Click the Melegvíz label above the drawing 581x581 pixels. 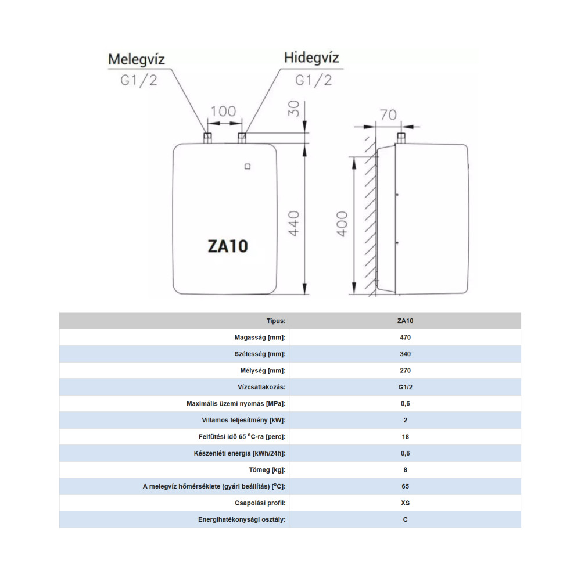[136, 59]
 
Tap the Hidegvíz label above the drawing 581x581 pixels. [311, 58]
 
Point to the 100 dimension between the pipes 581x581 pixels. [223, 111]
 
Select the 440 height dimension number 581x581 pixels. [294, 224]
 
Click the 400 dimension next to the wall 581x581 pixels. [342, 224]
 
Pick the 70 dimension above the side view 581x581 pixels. [388, 115]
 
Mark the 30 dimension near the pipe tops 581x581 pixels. [294, 109]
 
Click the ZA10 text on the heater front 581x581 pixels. [228, 246]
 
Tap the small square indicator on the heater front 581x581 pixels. [248, 166]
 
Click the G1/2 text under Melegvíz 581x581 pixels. [139, 80]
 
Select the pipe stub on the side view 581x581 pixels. [401, 138]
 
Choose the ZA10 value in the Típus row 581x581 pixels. [405, 321]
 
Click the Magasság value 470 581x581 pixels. [405, 338]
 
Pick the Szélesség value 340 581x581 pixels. [405, 354]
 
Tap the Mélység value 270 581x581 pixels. [405, 371]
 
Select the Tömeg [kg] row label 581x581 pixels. [267, 470]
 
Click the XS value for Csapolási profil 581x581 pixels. [405, 503]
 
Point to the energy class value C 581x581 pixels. [405, 519]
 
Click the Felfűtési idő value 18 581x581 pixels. [405, 437]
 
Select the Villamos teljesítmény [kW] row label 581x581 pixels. [243, 420]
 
